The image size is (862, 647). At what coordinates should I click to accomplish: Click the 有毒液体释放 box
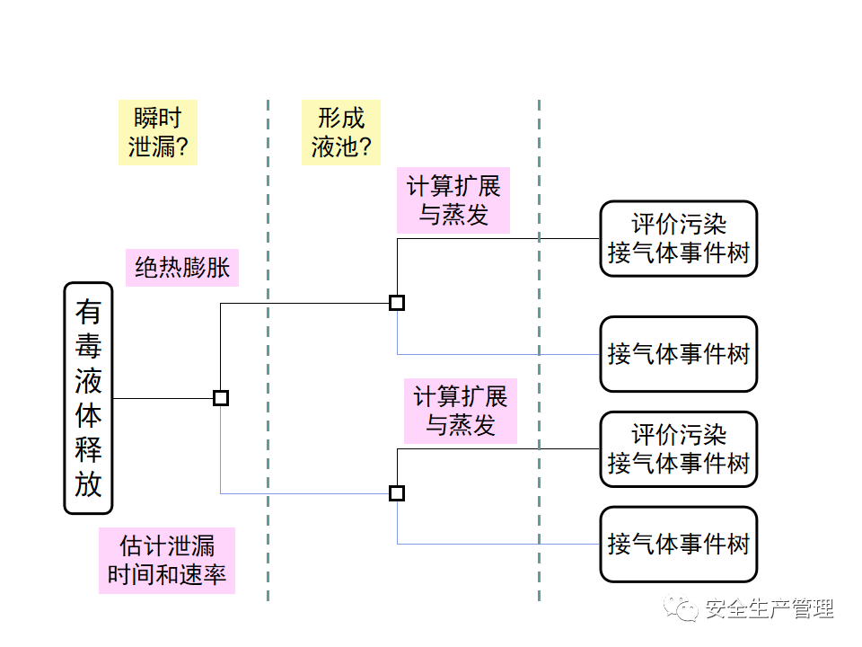click(88, 398)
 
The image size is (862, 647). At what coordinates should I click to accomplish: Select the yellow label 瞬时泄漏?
click(158, 132)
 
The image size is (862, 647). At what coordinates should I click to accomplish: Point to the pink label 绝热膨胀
click(182, 267)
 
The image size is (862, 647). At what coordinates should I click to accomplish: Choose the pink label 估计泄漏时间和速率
click(167, 560)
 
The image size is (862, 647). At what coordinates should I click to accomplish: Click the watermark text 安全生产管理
click(770, 608)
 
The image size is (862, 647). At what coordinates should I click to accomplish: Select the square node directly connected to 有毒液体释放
click(221, 398)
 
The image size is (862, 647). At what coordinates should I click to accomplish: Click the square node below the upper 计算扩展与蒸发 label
click(397, 303)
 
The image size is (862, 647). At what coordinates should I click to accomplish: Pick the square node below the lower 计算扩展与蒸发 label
click(397, 492)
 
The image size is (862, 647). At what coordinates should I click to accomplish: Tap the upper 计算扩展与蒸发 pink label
click(453, 200)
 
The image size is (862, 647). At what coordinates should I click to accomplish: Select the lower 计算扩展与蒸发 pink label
click(460, 411)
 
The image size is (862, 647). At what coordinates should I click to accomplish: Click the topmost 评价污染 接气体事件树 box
click(678, 238)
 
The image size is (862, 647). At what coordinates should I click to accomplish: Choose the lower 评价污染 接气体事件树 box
click(678, 449)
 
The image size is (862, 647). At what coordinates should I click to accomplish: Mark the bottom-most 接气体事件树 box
click(678, 544)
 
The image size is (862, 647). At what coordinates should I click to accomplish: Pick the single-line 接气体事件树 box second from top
click(678, 354)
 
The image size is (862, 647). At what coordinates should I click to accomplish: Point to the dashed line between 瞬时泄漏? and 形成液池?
click(268, 359)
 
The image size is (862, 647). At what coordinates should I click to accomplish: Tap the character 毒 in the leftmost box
click(88, 347)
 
